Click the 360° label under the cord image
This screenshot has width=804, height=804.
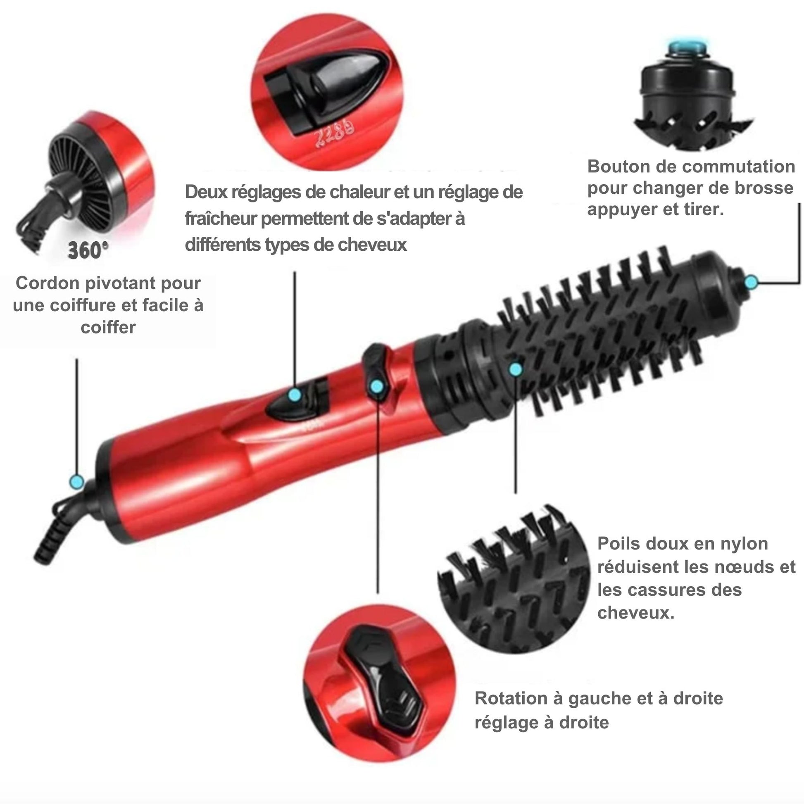pos(88,250)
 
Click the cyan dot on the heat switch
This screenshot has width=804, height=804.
pos(295,395)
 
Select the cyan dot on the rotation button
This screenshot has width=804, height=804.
pos(377,387)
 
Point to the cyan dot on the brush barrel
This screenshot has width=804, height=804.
pos(516,369)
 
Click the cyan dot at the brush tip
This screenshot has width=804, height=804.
pos(751,283)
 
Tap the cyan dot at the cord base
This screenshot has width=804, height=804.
pos(76,482)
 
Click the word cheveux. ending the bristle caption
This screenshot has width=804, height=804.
pos(636,613)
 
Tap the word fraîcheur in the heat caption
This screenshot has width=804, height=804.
pos(221,219)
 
